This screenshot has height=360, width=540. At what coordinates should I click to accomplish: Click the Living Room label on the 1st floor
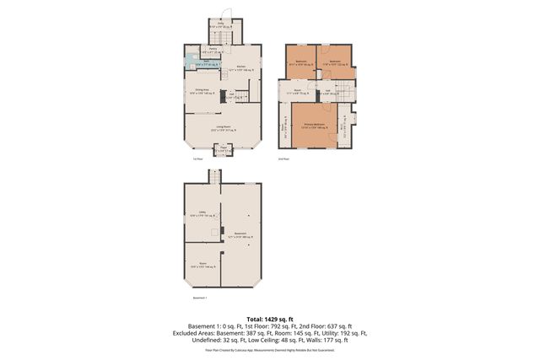223,129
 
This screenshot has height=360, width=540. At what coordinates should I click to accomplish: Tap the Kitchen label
240,67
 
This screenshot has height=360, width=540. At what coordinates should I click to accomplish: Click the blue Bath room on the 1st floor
194,62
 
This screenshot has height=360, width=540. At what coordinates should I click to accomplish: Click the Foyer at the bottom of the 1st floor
223,151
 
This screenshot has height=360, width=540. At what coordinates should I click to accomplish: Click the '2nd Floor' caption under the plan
283,158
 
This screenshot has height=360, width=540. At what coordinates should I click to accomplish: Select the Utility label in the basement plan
202,213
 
